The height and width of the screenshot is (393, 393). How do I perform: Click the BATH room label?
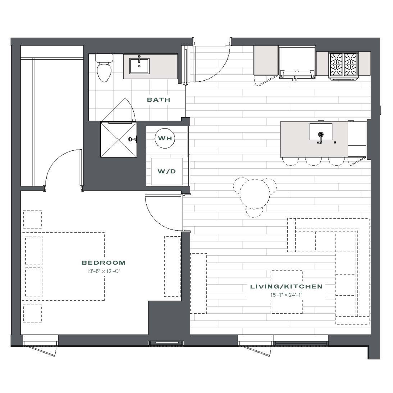tap(159, 100)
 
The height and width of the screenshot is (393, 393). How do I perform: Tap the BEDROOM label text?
tap(104, 263)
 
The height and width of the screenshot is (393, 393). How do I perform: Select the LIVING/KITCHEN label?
tap(286, 286)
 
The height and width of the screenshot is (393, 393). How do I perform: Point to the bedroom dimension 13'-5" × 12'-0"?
tap(104, 271)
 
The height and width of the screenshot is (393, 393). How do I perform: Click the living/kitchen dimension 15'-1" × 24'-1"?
tap(286, 295)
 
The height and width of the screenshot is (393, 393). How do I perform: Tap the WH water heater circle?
tap(165, 138)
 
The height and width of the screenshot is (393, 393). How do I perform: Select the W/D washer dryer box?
tap(167, 172)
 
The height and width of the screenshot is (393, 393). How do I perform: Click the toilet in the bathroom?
tap(104, 68)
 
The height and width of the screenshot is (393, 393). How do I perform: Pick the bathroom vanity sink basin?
tap(139, 66)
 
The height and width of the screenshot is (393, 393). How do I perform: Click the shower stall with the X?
tap(119, 139)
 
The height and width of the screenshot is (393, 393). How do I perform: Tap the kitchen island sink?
tap(321, 132)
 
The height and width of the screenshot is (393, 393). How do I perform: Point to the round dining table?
tap(255, 194)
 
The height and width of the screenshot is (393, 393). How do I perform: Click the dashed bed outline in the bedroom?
tap(63, 266)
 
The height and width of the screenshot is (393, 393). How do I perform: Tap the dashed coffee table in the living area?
tap(286, 292)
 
